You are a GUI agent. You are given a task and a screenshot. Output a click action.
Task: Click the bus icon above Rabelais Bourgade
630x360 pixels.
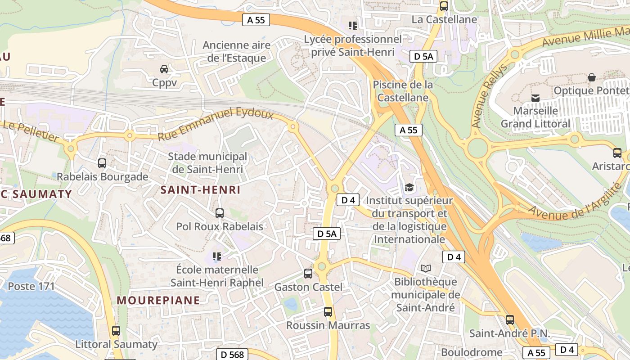(102, 163)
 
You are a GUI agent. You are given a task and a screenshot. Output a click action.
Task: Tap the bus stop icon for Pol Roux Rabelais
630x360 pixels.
(220, 213)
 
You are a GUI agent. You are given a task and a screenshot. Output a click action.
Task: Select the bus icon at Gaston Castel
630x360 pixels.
(308, 273)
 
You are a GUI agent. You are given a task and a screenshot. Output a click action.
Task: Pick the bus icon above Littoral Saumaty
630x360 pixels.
(116, 331)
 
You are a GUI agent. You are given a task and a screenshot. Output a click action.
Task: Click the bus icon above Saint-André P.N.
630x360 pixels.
(510, 320)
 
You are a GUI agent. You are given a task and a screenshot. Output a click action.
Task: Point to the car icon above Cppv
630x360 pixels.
(164, 69)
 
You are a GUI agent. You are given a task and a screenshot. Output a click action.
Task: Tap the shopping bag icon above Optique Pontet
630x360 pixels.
(592, 77)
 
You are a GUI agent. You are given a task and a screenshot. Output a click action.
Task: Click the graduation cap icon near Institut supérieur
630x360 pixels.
(409, 187)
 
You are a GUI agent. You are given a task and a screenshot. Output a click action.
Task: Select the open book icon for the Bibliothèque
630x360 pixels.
(426, 269)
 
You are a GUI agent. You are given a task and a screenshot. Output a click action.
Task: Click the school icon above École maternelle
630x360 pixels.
(217, 256)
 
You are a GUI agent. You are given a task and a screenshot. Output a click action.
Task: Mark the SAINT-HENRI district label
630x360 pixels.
(201, 190)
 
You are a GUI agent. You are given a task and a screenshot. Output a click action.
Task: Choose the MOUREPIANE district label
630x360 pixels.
(158, 300)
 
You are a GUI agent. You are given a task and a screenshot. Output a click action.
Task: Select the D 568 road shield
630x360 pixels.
(233, 354)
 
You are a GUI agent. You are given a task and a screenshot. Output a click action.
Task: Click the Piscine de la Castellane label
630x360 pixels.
(402, 91)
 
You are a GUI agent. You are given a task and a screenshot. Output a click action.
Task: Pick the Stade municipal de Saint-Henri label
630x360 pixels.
(207, 163)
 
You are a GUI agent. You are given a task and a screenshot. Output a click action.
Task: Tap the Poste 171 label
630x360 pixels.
(31, 286)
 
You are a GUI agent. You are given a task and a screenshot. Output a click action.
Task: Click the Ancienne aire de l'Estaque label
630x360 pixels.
(237, 51)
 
